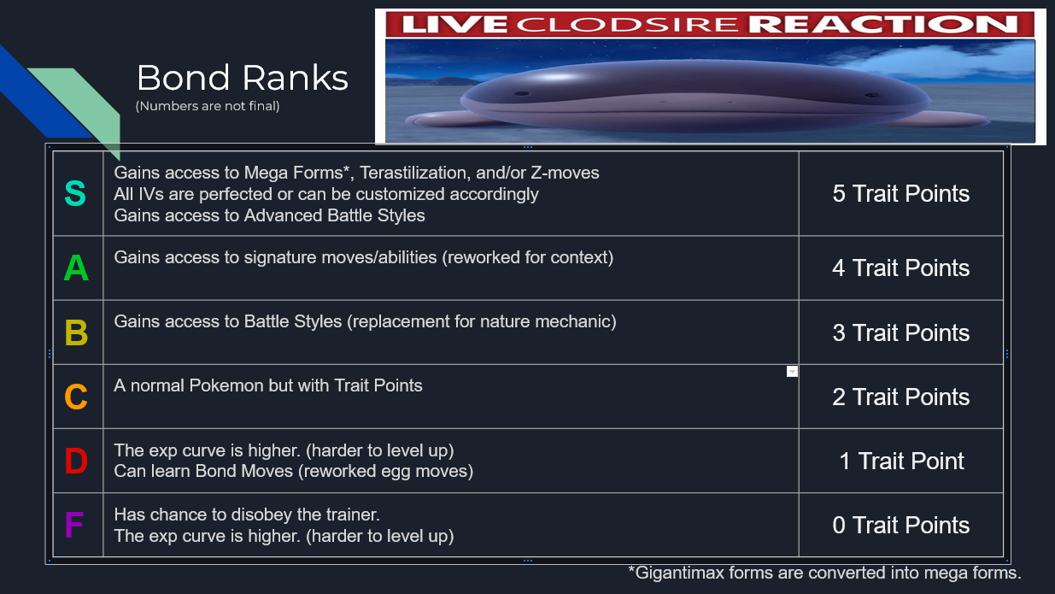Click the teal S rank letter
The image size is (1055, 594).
pos(75,193)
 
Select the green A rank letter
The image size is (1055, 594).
pos(76,268)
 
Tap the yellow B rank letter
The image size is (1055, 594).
pos(76,332)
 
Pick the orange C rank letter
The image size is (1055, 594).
pos(76,397)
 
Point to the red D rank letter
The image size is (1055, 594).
pos(76,461)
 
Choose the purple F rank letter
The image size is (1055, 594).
pos(74,525)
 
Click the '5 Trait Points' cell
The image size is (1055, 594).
pos(900,194)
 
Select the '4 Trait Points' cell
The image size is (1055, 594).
pos(900,268)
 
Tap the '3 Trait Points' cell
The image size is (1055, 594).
pos(900,333)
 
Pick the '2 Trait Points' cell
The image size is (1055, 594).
pos(900,397)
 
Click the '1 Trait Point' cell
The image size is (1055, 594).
pos(901,461)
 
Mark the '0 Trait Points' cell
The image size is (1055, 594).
pos(900,526)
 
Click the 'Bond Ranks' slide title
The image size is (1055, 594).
pos(243,78)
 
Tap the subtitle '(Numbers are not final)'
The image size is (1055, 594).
pos(208,106)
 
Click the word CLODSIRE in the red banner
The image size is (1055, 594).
pos(627,25)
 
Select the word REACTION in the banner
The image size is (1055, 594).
pos(883,25)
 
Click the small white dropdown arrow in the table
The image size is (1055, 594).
pos(792,372)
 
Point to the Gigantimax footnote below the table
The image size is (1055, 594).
pos(824,573)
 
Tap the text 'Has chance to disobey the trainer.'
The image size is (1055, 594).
pos(247,515)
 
